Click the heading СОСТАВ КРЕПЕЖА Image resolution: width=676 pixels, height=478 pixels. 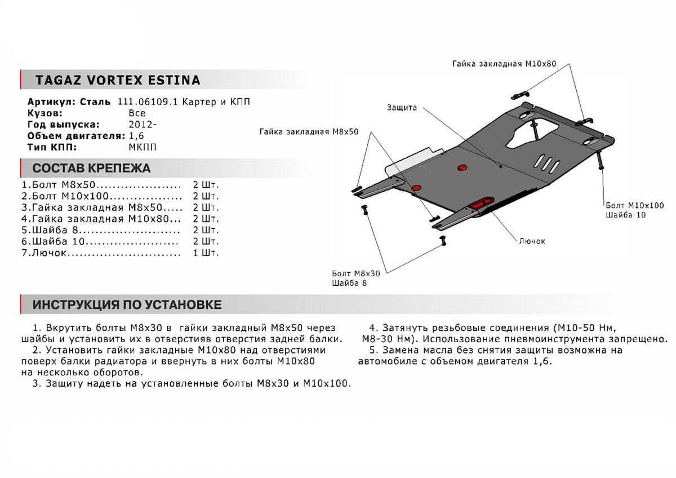(91, 168)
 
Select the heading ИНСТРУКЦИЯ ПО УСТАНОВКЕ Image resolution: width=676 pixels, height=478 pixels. (127, 305)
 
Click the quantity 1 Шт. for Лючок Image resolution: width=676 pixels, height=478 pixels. (206, 253)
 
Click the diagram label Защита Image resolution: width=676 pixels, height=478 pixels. (402, 108)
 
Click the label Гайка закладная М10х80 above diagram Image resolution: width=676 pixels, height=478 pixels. (504, 64)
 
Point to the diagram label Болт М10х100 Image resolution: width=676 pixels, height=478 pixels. (635, 206)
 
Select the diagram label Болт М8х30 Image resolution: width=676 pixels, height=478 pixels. (356, 273)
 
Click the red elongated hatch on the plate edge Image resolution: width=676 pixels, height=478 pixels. (482, 204)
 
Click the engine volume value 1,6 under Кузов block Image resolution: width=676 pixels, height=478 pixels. (136, 136)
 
